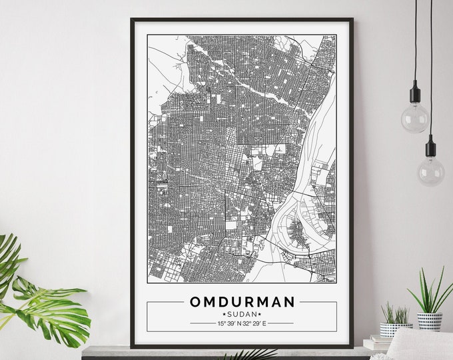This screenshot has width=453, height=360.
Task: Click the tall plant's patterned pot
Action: pos(430,321)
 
